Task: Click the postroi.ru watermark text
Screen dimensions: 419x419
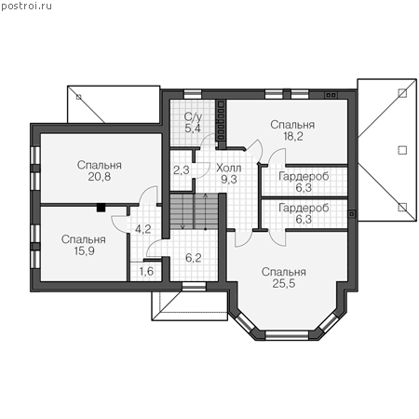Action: click(x=26, y=7)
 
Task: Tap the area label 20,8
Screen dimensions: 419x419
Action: click(x=100, y=177)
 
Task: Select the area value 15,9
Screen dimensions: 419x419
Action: click(x=84, y=250)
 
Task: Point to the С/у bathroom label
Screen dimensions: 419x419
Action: click(x=193, y=116)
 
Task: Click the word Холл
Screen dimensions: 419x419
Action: click(x=229, y=168)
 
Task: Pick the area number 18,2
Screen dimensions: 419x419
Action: click(x=293, y=136)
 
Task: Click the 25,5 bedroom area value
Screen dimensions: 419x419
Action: click(x=284, y=283)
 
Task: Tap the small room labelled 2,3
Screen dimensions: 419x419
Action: click(x=182, y=169)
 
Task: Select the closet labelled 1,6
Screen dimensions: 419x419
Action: click(x=146, y=271)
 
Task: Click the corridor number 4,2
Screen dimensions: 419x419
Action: click(x=143, y=229)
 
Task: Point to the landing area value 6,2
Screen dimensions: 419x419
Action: click(x=193, y=258)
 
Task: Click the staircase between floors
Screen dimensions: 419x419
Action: click(x=194, y=212)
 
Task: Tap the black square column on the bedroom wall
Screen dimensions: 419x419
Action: click(x=101, y=208)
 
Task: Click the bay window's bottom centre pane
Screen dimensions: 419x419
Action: click(x=287, y=334)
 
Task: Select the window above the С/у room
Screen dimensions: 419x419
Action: click(x=193, y=94)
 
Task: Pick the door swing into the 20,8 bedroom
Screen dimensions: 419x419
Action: click(x=148, y=195)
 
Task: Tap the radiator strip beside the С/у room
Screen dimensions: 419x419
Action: click(x=221, y=122)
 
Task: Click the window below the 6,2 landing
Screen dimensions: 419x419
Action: click(x=194, y=287)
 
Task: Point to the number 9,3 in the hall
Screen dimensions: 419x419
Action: click(x=229, y=179)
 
